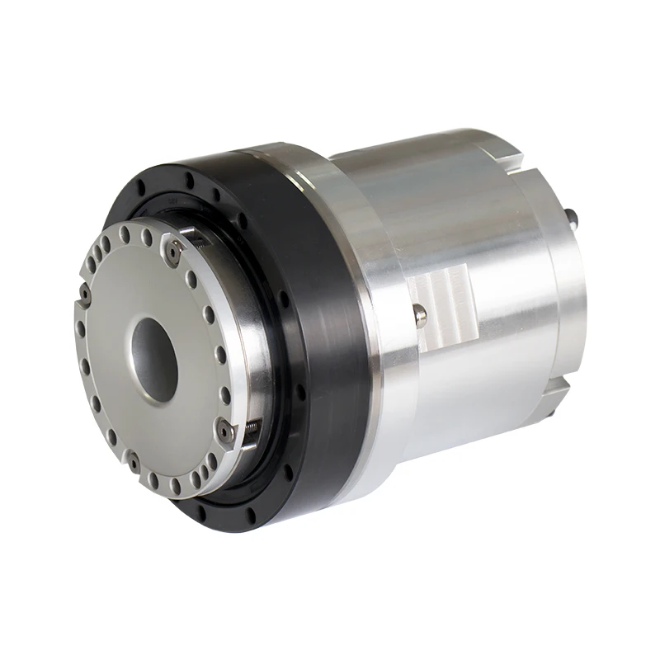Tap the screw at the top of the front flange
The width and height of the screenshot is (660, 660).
172,251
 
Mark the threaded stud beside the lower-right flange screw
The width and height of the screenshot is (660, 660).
249,426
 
